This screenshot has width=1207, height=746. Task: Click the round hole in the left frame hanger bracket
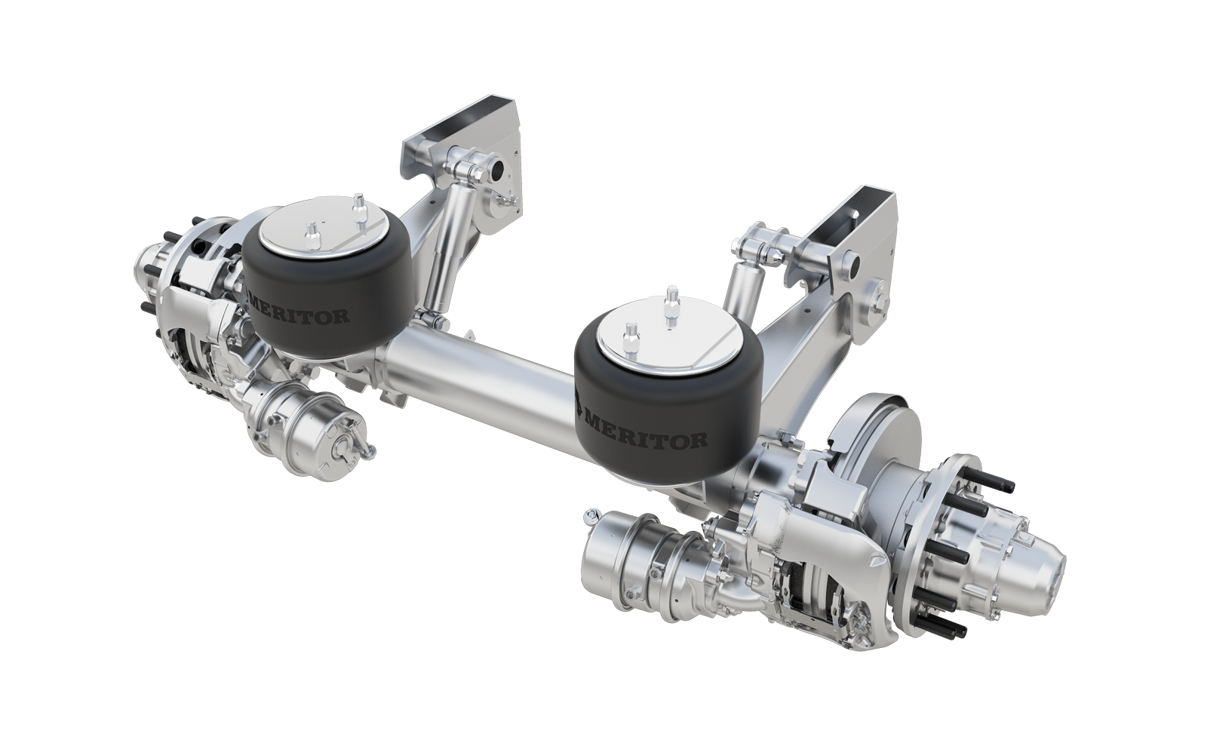click(499, 168)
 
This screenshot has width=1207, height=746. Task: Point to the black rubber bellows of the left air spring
click(324, 294)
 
